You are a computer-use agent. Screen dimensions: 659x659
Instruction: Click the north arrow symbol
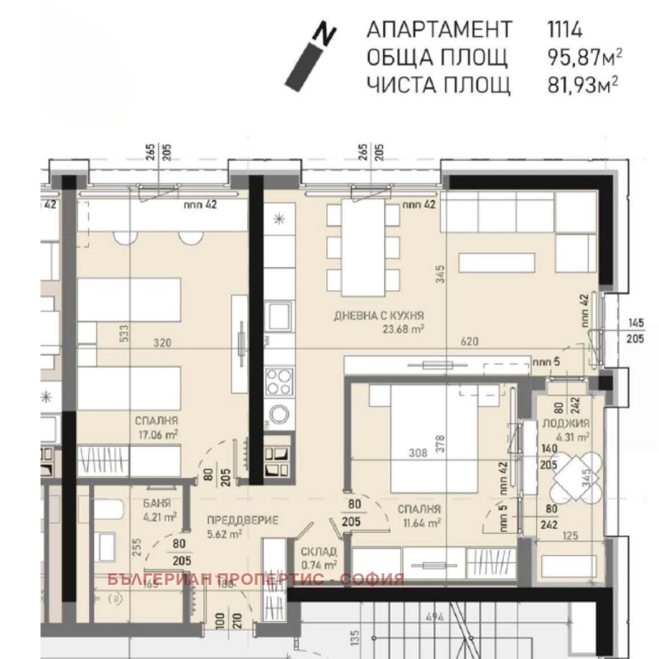[x=310, y=55]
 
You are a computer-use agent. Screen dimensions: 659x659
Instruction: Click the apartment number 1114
[x=564, y=30]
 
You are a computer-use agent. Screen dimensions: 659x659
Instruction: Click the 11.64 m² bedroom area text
[x=418, y=521]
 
